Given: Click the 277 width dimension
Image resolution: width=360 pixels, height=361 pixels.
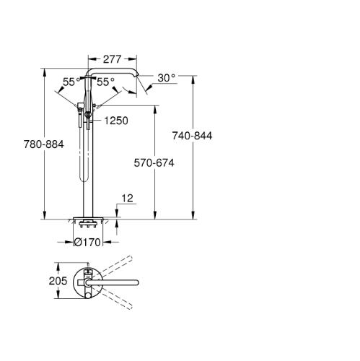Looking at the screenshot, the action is (x=113, y=59).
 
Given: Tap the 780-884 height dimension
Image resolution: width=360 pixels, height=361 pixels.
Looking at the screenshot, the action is (x=44, y=144).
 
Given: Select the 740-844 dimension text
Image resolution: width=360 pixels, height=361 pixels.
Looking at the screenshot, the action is (x=192, y=136).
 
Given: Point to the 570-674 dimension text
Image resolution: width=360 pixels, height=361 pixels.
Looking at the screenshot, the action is (x=154, y=163).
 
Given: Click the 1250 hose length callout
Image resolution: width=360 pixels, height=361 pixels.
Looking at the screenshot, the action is (x=116, y=121).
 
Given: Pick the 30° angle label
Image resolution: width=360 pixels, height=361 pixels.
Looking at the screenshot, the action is (x=167, y=78).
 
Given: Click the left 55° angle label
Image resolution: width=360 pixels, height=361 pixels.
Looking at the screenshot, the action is (x=71, y=82).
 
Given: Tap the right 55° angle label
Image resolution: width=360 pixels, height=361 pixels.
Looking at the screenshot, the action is (x=105, y=82).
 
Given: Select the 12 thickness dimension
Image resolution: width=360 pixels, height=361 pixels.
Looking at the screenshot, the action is (x=127, y=199).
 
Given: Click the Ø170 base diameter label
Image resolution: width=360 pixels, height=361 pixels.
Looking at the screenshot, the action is (x=87, y=242).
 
